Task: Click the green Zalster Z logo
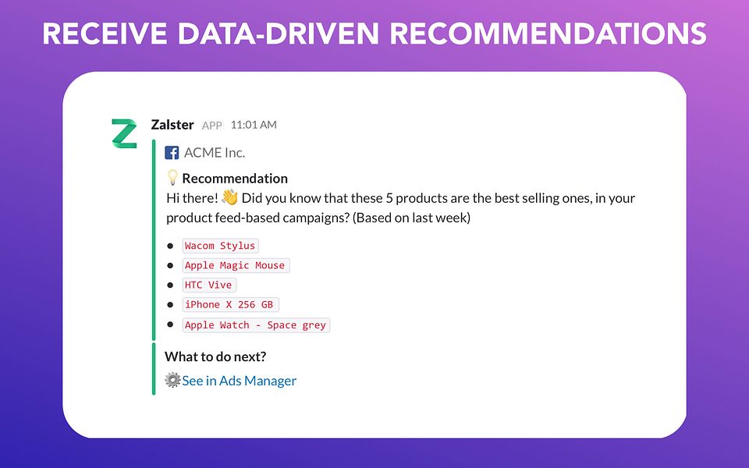(123, 133)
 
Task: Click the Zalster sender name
(172, 125)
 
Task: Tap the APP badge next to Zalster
(212, 126)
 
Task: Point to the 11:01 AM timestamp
(254, 125)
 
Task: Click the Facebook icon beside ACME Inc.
(172, 153)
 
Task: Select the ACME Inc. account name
(215, 153)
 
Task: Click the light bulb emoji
(172, 179)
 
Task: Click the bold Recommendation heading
(235, 179)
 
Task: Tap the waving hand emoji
(229, 198)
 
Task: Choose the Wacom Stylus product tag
(220, 246)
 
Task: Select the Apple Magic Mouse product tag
(235, 265)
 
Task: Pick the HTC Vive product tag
(208, 285)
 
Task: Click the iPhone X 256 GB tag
(229, 305)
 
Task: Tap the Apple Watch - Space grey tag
(255, 325)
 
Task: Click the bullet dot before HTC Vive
(170, 285)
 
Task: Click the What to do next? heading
(215, 357)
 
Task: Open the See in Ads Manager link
(240, 381)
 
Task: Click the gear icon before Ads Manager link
(172, 381)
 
